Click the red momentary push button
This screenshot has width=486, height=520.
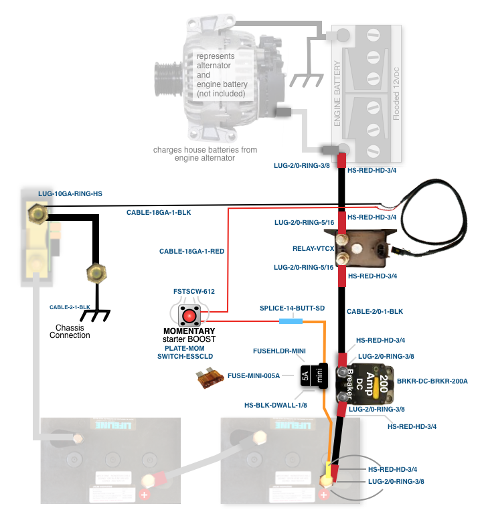pos(190,315)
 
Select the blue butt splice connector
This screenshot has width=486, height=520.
pos(290,321)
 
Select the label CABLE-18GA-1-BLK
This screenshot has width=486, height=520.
pos(159,213)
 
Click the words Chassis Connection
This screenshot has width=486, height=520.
pos(70,331)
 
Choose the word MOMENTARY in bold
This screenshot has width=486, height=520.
pos(189,331)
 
